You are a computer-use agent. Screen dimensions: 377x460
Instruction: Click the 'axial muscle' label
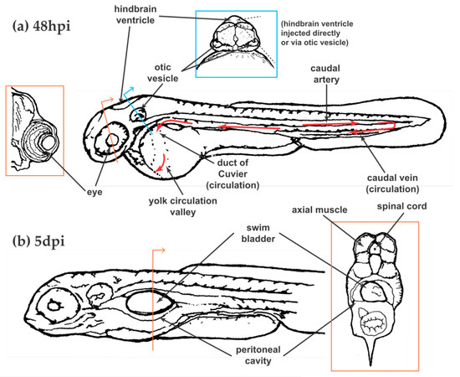322,211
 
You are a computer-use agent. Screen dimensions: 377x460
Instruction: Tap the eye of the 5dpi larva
56,305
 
